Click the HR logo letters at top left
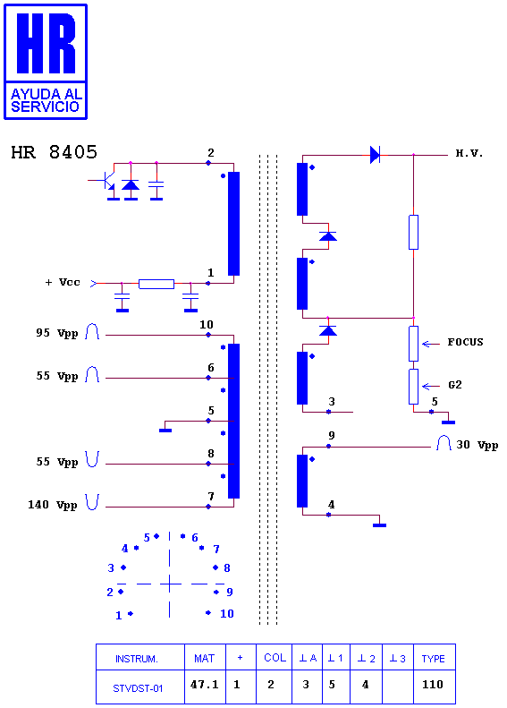[46, 43]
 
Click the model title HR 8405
[55, 152]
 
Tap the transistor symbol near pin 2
[107, 181]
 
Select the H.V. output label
[469, 154]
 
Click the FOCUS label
[465, 342]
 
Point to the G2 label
[454, 385]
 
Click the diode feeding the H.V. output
[375, 155]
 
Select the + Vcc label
[63, 283]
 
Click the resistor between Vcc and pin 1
[156, 284]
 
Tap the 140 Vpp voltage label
[53, 505]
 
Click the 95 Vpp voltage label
[57, 333]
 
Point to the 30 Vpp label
[477, 445]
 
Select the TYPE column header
[433, 659]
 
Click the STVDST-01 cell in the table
[138, 688]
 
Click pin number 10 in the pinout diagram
[226, 614]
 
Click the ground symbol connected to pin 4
[379, 525]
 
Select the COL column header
[275, 658]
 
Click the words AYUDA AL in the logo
[46, 94]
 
